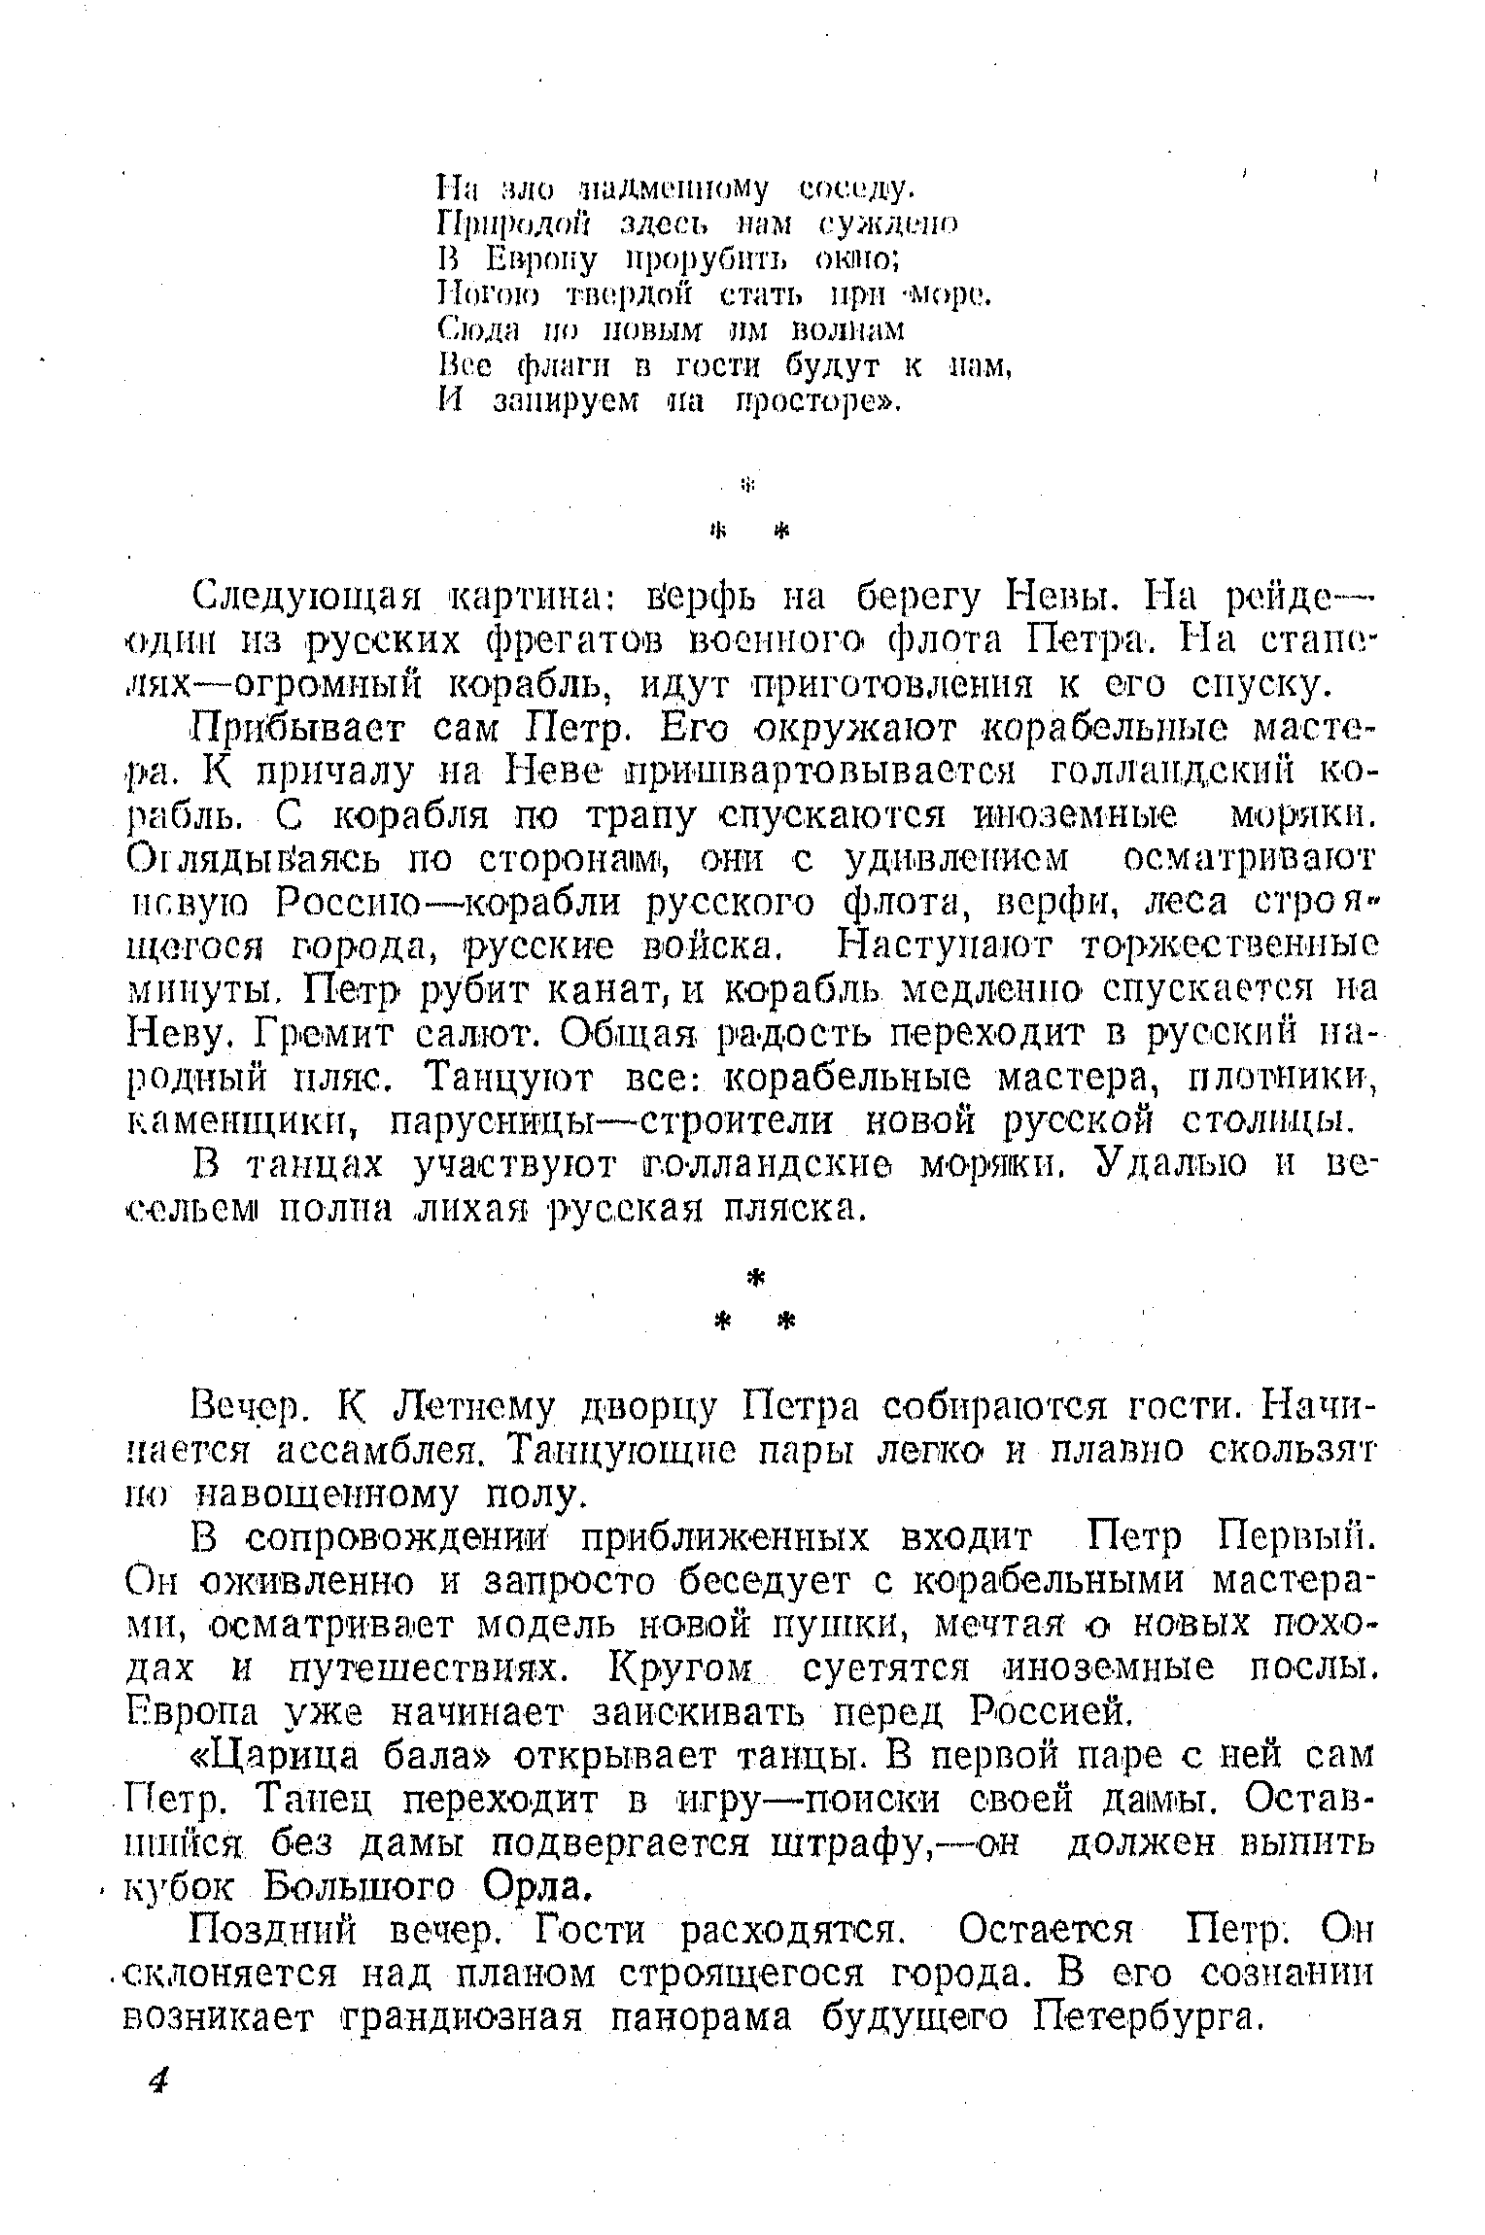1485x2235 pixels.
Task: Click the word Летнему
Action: [x=470, y=1407]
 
